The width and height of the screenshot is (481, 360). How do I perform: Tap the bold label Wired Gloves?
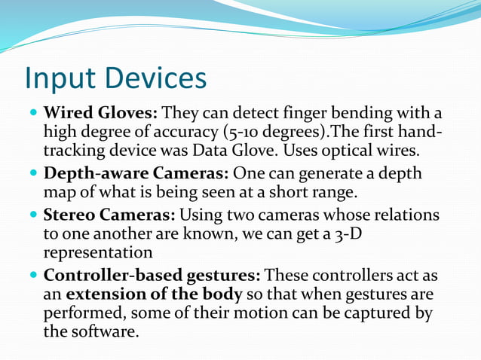[100, 114]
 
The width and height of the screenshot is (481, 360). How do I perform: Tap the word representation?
[97, 253]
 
